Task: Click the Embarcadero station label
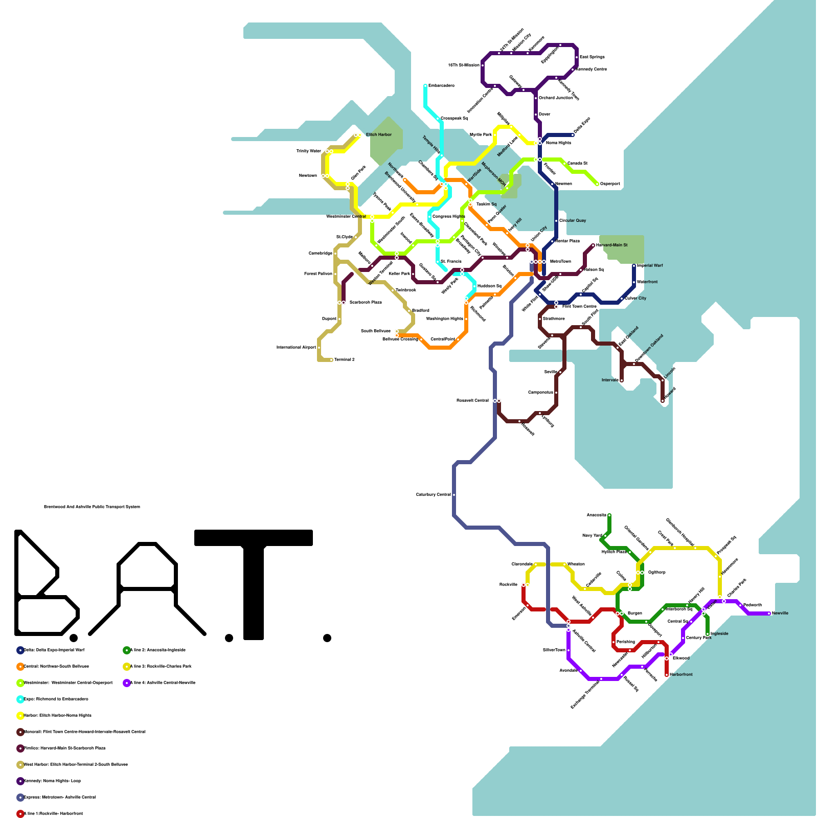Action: (x=441, y=85)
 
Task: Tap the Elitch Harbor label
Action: (x=379, y=134)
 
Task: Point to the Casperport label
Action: (x=610, y=184)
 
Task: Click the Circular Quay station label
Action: (x=573, y=220)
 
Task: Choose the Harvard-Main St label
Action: (x=611, y=245)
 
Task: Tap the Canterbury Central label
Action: (x=434, y=494)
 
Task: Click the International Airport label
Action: (x=296, y=347)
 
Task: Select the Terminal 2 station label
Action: (x=345, y=359)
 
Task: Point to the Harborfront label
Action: (x=681, y=674)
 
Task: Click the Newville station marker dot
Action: (x=769, y=613)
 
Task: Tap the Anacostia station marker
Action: (x=609, y=515)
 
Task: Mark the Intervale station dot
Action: (x=622, y=380)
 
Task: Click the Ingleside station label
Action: (x=719, y=633)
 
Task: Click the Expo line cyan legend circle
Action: (x=20, y=699)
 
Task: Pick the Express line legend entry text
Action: (x=60, y=797)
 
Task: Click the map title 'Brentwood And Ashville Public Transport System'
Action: (x=92, y=507)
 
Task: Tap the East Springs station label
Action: (x=592, y=57)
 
